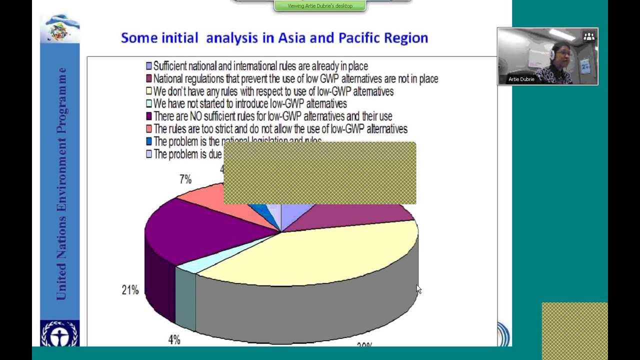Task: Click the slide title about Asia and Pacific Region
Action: (x=274, y=38)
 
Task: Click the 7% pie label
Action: (x=185, y=179)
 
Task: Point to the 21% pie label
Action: (x=130, y=290)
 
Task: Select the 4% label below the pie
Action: (x=174, y=340)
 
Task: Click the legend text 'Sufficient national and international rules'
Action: (x=260, y=66)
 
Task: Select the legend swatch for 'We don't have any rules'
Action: (x=149, y=91)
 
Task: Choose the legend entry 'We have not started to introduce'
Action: (x=249, y=104)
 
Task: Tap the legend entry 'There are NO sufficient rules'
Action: (x=272, y=116)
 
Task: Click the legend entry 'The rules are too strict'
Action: (x=280, y=129)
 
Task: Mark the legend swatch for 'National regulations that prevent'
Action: (x=149, y=78)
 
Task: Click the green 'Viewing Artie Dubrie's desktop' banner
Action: (x=320, y=6)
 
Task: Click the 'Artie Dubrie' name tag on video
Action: (x=521, y=79)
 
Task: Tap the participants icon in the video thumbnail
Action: (x=589, y=36)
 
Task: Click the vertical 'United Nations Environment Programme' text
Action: (x=61, y=184)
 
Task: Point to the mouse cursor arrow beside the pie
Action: (x=418, y=288)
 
